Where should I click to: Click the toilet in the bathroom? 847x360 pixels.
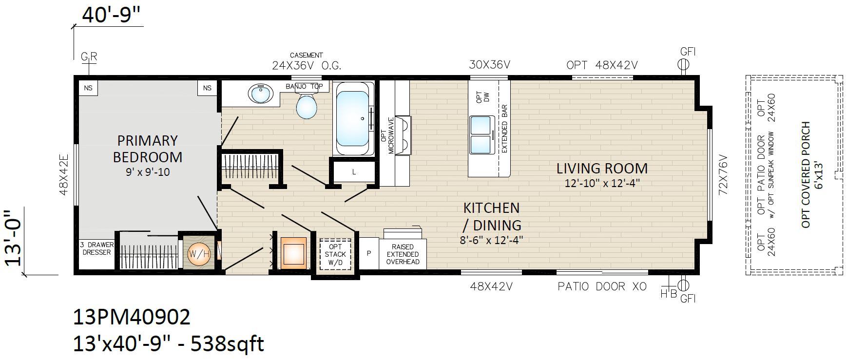point(307,106)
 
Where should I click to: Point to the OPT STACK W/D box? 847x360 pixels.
point(335,254)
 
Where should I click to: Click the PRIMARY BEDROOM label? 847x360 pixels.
point(147,149)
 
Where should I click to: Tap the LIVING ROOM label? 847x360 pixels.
point(602,169)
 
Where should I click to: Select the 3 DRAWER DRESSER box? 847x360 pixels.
point(96,248)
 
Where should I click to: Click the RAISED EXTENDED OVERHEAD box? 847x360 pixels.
point(403,254)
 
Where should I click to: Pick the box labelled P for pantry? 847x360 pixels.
point(369,253)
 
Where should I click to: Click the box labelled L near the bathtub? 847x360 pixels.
point(354,172)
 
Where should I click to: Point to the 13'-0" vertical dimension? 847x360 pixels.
point(15,239)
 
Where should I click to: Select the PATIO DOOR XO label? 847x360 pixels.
point(602,286)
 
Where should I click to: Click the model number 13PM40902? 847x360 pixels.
point(132,318)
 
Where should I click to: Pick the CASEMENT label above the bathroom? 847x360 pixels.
point(306,56)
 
